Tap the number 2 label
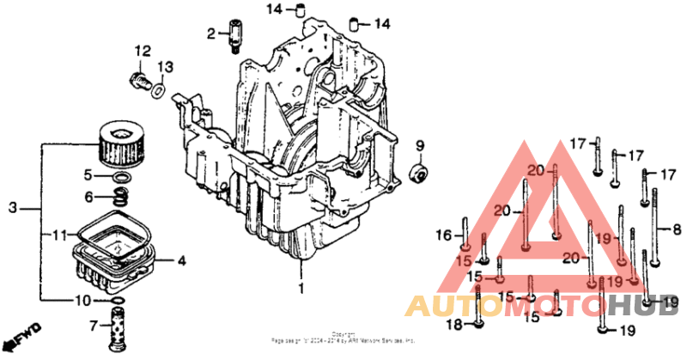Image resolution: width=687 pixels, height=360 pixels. coord(210,34)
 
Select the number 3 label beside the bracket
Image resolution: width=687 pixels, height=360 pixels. coord(12,208)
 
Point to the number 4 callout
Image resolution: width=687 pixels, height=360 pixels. coord(181,259)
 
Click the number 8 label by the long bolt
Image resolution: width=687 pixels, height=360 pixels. coord(677,229)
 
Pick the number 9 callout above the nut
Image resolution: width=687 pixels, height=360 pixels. coord(421,143)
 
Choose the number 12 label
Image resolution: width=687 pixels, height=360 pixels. coord(142,51)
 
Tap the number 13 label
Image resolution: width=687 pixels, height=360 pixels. coord(165,67)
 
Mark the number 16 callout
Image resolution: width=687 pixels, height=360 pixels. coord(443,235)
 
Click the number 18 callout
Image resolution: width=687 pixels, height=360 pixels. coord(453,325)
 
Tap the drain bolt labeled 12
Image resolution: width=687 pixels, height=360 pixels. coord(137,81)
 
